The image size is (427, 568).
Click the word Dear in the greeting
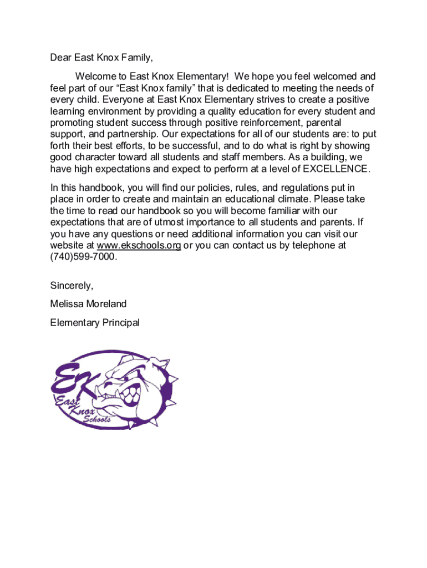[x=61, y=57]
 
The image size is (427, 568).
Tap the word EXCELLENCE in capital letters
[x=335, y=169]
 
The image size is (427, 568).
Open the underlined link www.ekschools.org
[x=139, y=246]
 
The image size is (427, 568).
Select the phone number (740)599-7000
[x=83, y=257]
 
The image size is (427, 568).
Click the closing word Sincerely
[x=72, y=286]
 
